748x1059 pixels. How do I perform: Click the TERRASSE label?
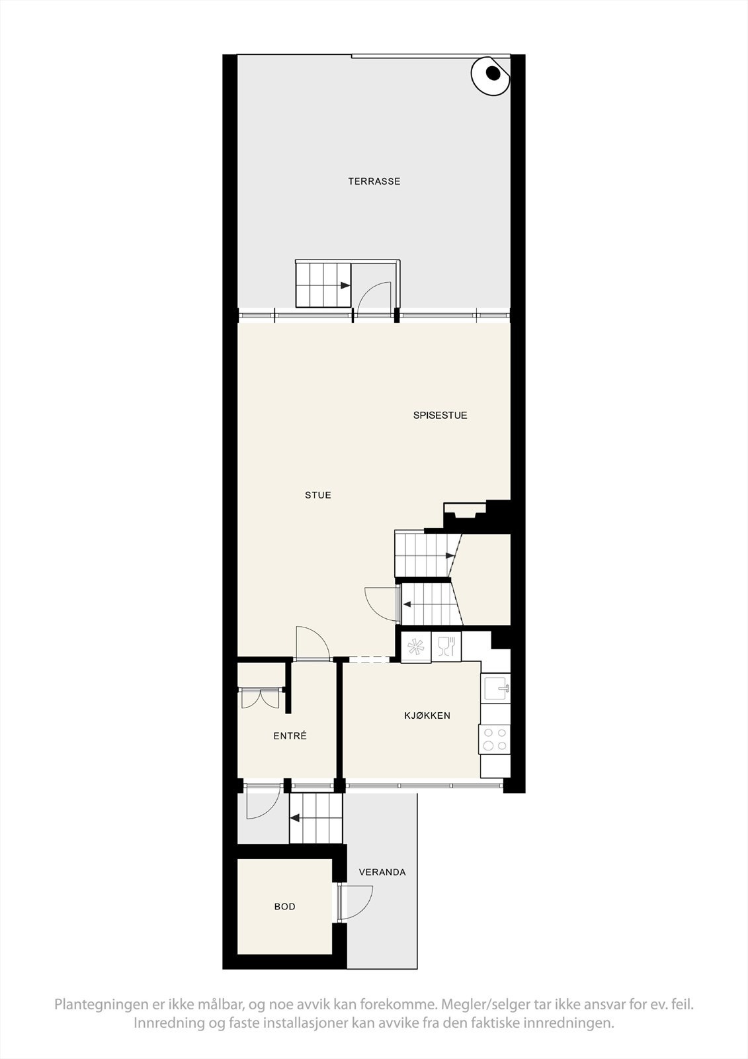(374, 181)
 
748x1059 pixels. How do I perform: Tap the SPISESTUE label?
(440, 416)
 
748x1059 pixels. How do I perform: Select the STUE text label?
(318, 495)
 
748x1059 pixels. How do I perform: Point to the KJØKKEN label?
(427, 715)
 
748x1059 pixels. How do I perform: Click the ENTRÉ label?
(290, 736)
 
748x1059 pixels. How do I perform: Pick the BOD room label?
(285, 907)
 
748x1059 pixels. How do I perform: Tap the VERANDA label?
(382, 872)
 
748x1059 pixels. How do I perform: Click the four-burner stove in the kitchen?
(495, 739)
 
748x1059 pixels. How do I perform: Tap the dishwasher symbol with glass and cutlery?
(446, 646)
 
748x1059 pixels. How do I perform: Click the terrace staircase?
(323, 285)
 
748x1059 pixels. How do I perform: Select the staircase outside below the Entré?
(316, 819)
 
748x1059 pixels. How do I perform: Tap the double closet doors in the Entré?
(260, 698)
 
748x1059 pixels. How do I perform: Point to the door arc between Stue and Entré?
(312, 643)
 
